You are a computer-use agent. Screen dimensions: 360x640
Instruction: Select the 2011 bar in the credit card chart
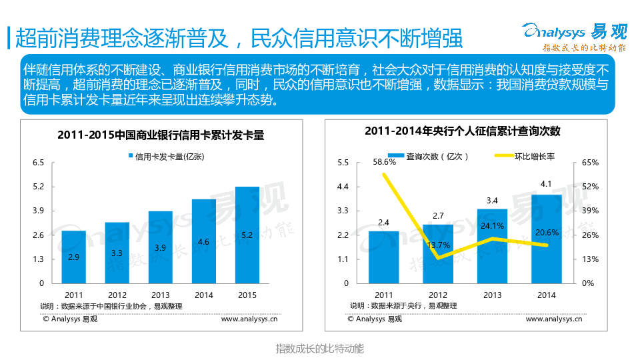click(74, 257)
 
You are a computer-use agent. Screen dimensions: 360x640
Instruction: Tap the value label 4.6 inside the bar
click(204, 241)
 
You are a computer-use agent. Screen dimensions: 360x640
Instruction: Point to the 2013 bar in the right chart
click(492, 246)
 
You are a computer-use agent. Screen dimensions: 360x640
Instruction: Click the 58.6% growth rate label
click(385, 161)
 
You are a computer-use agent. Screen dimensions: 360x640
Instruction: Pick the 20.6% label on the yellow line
click(547, 233)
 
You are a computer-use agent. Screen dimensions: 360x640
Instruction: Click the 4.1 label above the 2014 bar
click(546, 184)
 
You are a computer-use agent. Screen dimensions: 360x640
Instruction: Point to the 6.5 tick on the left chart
click(39, 163)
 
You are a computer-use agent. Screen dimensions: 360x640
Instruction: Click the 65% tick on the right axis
click(590, 163)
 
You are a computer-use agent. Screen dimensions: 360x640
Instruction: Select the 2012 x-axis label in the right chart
click(438, 295)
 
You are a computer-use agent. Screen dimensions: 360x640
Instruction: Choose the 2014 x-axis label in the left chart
click(204, 295)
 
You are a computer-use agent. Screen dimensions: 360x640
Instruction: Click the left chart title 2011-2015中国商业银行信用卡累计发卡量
click(161, 135)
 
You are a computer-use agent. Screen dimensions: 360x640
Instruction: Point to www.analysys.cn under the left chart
click(249, 319)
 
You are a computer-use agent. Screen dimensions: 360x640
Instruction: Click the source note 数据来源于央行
click(403, 305)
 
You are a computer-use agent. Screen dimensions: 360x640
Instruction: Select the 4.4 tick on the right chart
click(343, 187)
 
